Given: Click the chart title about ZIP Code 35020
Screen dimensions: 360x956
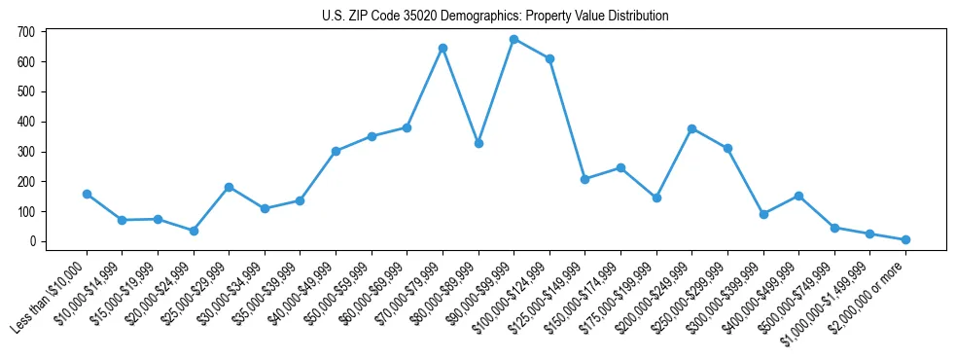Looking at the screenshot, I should coord(495,17).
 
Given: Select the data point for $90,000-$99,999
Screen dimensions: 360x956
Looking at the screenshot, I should coord(513,40).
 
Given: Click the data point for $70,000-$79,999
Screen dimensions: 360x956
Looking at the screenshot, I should coord(443,48).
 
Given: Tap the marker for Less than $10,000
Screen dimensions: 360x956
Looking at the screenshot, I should coord(87,194).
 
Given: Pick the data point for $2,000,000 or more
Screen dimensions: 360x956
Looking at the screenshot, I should coord(905,239).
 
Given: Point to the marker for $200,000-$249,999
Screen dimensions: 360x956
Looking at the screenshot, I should coord(691,128).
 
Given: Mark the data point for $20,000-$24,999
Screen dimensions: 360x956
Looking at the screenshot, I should coord(194,231).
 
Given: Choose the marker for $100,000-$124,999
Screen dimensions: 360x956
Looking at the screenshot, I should coord(549,59).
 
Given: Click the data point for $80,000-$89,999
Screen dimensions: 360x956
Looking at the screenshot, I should coord(478,143).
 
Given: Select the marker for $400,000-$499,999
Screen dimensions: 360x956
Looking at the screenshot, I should coord(798,196).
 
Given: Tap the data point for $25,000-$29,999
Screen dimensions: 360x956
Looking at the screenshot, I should coord(229,187).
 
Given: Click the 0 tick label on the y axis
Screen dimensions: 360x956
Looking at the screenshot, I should coord(32,241).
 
